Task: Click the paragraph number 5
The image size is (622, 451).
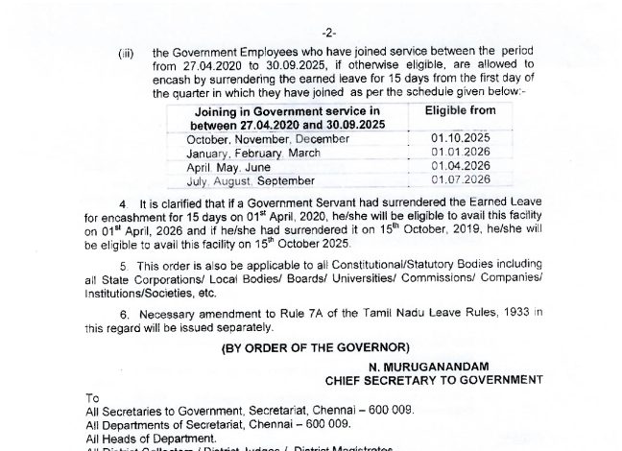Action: pyautogui.click(x=122, y=264)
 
